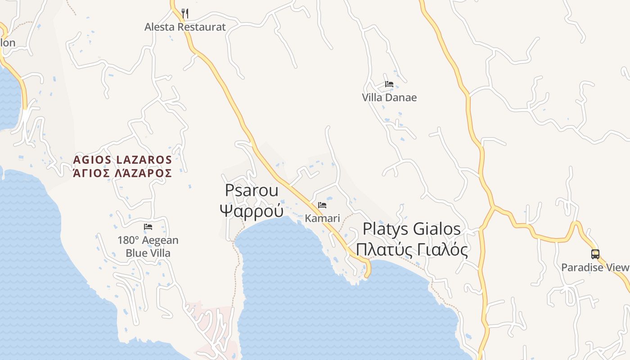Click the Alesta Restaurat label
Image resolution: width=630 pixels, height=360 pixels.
(185, 27)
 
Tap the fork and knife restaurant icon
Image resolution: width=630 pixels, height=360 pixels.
(185, 13)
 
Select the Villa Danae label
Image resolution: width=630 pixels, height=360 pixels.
(389, 98)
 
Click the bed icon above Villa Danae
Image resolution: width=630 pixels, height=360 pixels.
(389, 84)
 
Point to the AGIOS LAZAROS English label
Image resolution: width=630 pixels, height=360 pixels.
(122, 160)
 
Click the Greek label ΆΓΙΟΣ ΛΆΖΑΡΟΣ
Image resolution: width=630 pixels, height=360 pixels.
(122, 173)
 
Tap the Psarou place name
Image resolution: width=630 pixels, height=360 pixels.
(252, 190)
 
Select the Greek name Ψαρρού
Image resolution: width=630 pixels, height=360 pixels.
(252, 210)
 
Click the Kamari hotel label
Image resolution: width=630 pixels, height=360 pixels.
(322, 218)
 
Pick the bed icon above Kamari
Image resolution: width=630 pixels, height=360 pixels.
(322, 205)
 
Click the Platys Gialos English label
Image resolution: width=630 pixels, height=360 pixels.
(412, 229)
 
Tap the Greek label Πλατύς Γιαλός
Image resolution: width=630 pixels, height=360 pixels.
(412, 249)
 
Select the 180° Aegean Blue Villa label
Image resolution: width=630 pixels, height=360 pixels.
(148, 247)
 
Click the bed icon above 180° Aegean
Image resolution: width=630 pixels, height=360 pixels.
(148, 227)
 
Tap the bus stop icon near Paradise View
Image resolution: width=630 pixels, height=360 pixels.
(595, 254)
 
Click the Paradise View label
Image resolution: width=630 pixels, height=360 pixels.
(595, 268)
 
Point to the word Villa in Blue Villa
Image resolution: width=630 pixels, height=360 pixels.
(160, 253)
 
